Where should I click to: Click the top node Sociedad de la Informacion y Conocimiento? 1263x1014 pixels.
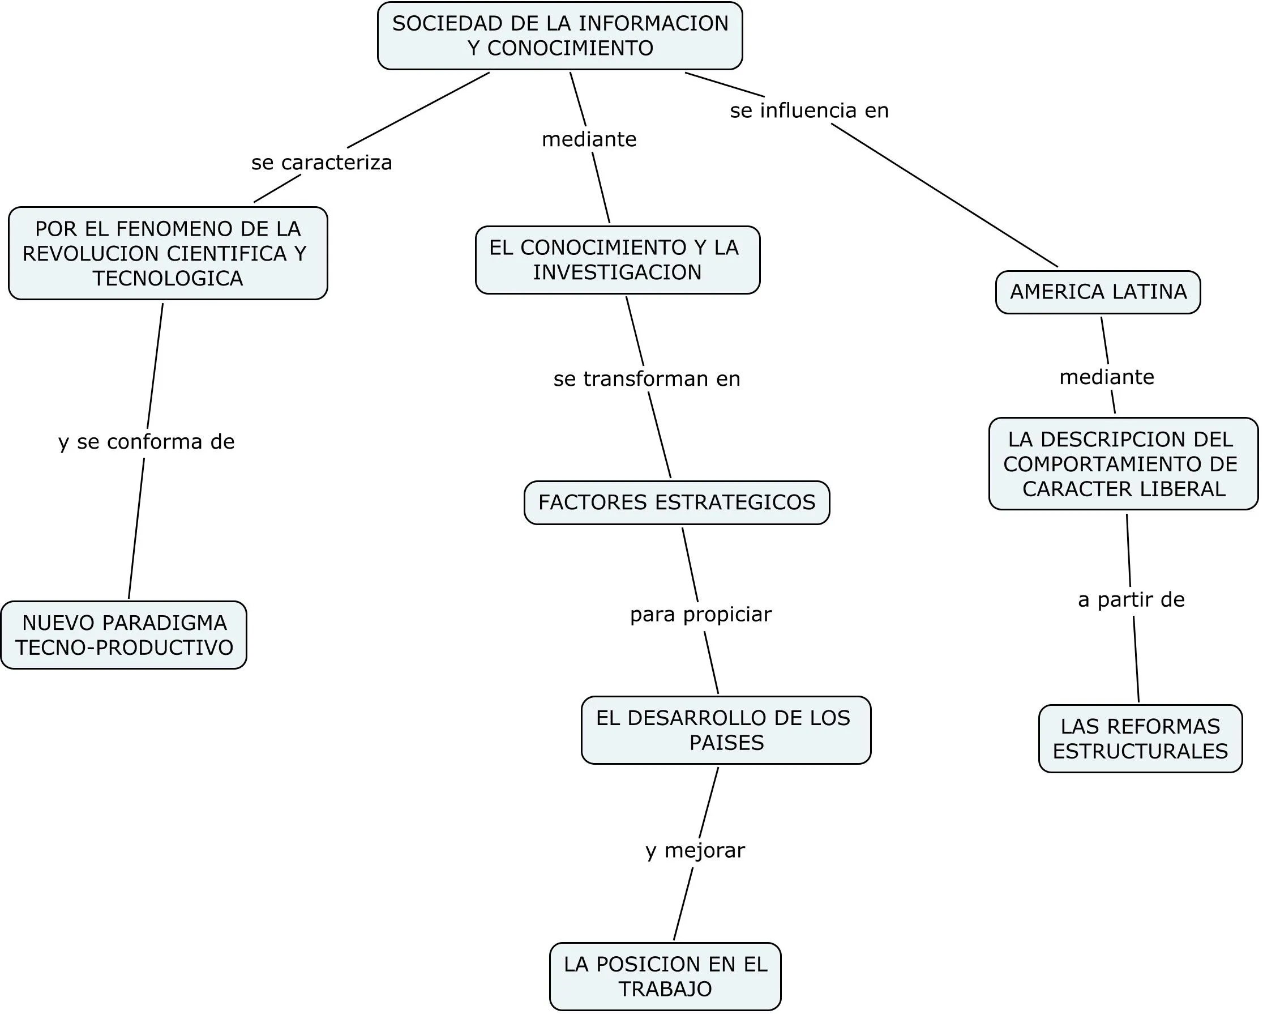coord(560,36)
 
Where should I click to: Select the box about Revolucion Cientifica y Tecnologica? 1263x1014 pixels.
coord(168,253)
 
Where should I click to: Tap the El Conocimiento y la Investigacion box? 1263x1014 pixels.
coord(617,259)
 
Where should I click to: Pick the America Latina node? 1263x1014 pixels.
coord(1098,292)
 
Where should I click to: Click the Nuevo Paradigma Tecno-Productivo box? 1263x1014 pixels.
coord(123,635)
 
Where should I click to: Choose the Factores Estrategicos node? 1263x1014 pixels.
coord(677,502)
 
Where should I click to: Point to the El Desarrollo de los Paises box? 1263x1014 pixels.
coord(726,730)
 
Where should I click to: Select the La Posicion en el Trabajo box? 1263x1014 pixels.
coord(665,976)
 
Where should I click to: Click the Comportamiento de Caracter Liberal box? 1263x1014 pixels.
coord(1123,463)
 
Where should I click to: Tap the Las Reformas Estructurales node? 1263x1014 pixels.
coord(1140,739)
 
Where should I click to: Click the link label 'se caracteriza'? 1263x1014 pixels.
coord(322,163)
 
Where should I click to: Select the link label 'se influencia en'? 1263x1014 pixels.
coord(809,110)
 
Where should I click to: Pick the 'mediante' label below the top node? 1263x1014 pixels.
coord(589,139)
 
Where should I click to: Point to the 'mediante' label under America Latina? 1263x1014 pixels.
coord(1107,377)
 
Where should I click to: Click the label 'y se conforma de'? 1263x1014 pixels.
coord(147,441)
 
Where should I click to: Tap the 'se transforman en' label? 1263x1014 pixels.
coord(647,378)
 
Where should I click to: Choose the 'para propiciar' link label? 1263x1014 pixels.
coord(701,614)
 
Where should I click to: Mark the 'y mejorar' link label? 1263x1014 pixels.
coord(695,850)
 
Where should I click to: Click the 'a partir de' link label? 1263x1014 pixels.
coord(1131,599)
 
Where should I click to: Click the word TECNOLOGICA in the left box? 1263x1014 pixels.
coord(168,278)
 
